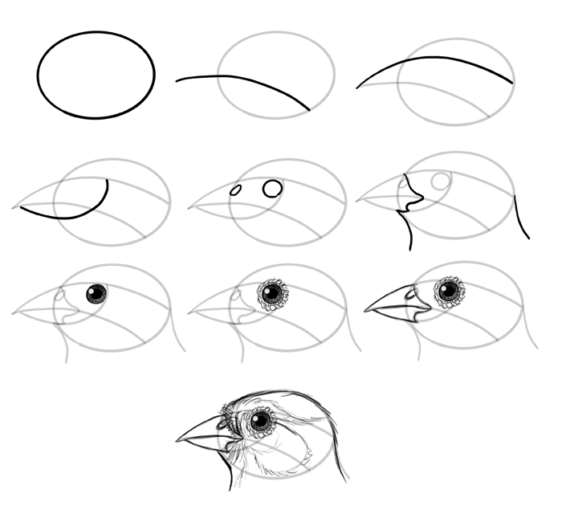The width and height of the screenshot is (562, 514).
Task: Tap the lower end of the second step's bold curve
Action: click(309, 109)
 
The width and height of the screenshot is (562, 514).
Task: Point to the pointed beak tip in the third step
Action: click(357, 88)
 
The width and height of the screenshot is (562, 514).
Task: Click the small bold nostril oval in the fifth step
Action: click(236, 190)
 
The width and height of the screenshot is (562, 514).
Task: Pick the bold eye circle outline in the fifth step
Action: click(273, 188)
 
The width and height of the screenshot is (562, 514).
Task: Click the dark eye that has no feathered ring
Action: click(96, 294)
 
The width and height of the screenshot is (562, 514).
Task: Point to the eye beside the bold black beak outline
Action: click(449, 290)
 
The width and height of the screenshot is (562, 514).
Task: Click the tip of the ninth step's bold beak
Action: click(365, 311)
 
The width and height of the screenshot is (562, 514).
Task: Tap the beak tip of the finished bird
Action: click(177, 441)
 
